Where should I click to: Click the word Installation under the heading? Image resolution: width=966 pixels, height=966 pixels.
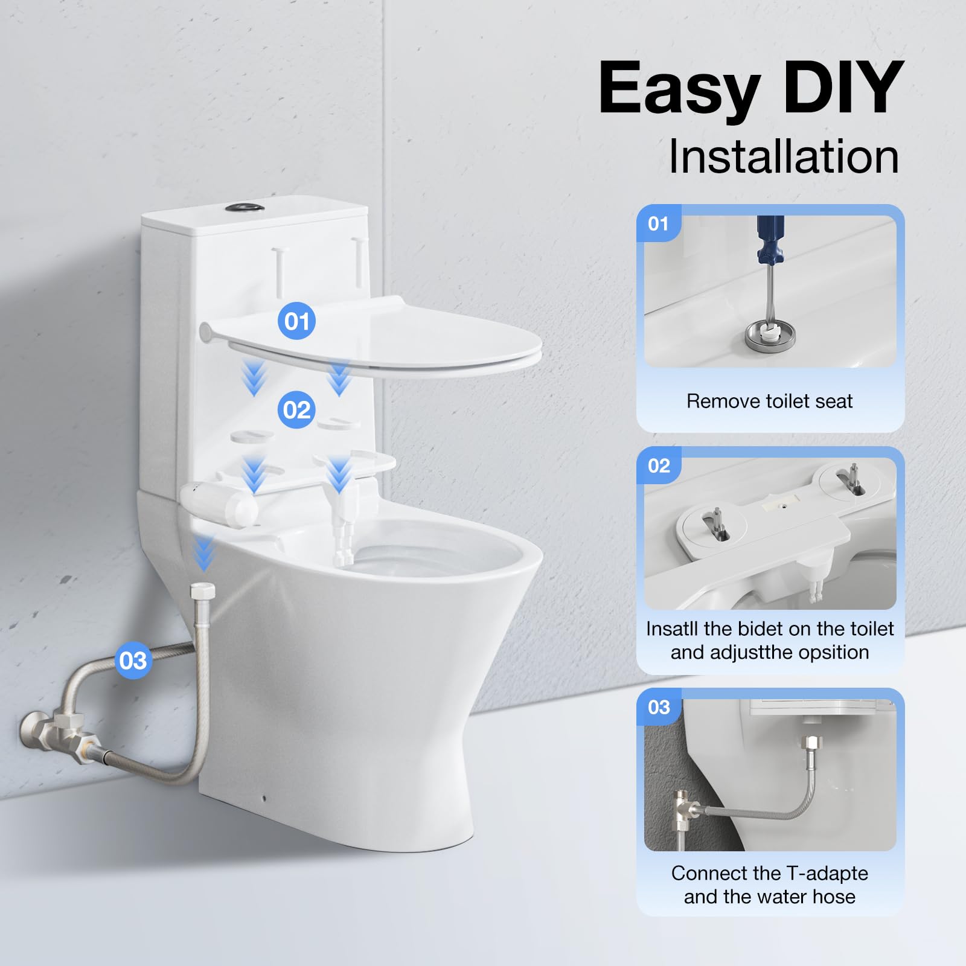pyautogui.click(x=784, y=157)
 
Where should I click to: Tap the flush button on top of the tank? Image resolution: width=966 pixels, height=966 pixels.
pyautogui.click(x=245, y=208)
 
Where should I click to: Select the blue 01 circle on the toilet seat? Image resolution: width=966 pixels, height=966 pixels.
pyautogui.click(x=296, y=321)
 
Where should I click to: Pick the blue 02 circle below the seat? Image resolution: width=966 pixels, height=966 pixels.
pyautogui.click(x=296, y=410)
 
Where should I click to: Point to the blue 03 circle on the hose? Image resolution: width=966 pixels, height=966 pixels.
pyautogui.click(x=133, y=660)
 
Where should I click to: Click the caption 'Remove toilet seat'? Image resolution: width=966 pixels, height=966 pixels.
pyautogui.click(x=769, y=401)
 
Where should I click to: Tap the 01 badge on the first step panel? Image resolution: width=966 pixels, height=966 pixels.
pyautogui.click(x=658, y=224)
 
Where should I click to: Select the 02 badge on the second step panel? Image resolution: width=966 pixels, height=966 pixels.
pyautogui.click(x=659, y=465)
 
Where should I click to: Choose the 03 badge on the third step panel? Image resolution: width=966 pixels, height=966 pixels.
pyautogui.click(x=659, y=707)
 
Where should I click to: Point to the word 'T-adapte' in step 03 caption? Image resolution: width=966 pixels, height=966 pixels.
pyautogui.click(x=828, y=873)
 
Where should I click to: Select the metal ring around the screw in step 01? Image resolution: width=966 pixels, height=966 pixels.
pyautogui.click(x=765, y=335)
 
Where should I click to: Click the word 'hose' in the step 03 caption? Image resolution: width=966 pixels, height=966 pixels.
pyautogui.click(x=833, y=897)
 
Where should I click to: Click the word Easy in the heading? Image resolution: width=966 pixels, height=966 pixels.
pyautogui.click(x=679, y=89)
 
